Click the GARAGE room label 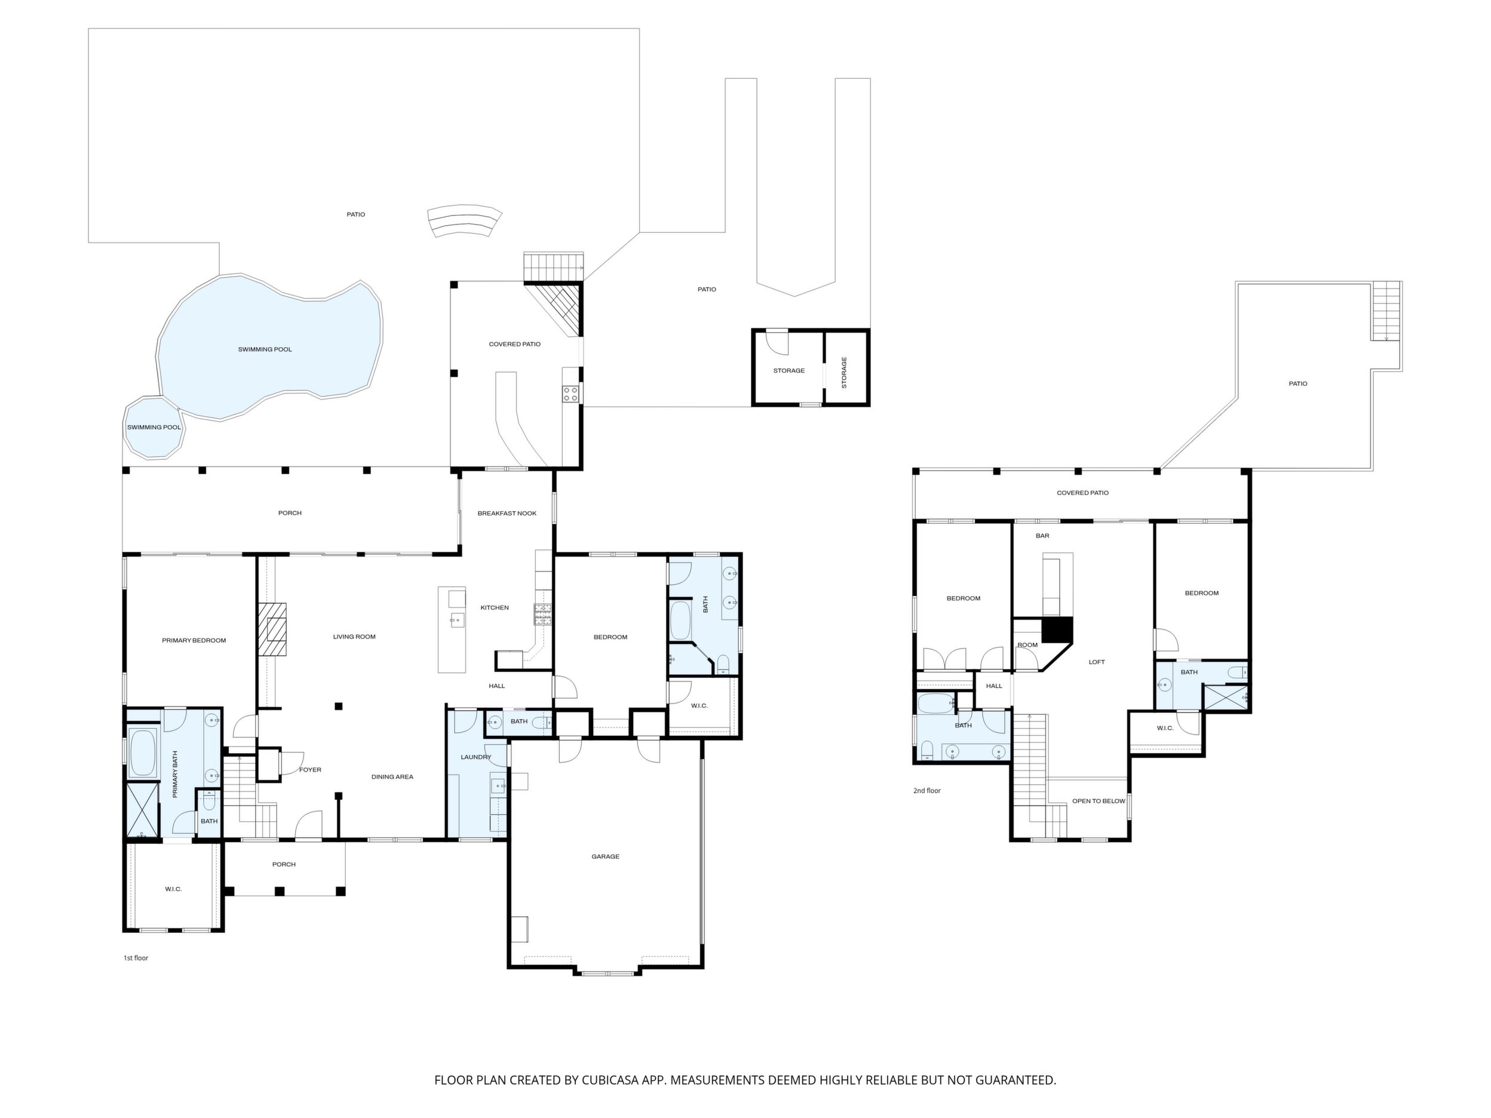point(605,856)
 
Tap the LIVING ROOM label point(354,637)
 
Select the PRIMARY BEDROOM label point(194,640)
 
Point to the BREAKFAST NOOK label point(507,514)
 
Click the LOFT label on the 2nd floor point(1097,662)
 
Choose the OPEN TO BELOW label point(1099,801)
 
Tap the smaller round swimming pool point(154,427)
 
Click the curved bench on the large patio point(465,220)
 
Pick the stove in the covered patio point(570,394)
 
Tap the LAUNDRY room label point(476,757)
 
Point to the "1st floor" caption point(136,957)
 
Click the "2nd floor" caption point(927,791)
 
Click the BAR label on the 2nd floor point(1043,536)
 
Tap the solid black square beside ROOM point(1057,630)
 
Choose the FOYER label point(310,770)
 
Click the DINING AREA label point(392,777)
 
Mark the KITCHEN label point(495,608)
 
